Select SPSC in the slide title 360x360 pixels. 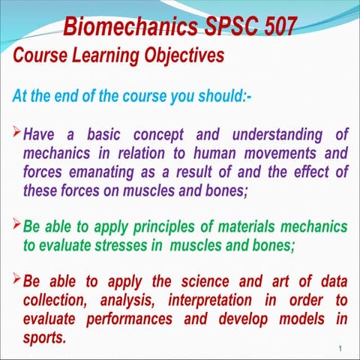pyautogui.click(x=223, y=28)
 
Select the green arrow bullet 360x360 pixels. pyautogui.click(x=17, y=226)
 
